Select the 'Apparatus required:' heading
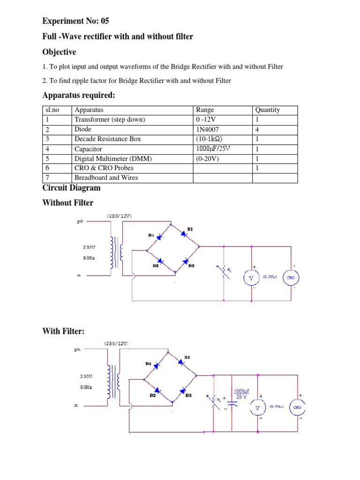coord(78,96)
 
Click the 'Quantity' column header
coord(267,110)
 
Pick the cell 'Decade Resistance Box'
coord(107,139)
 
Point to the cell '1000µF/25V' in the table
coord(213,149)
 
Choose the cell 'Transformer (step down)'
coord(110,120)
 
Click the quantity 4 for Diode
coord(257,129)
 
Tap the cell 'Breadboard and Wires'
coord(106,178)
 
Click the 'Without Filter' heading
coord(67,203)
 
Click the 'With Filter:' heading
coord(63,331)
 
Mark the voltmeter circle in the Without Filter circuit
coord(251,278)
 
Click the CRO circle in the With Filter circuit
coord(297,407)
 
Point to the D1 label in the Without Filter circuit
coord(190,229)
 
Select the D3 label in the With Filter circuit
coord(188,395)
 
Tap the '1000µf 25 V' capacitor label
coord(242,393)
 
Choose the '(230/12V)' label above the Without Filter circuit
coord(119,216)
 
